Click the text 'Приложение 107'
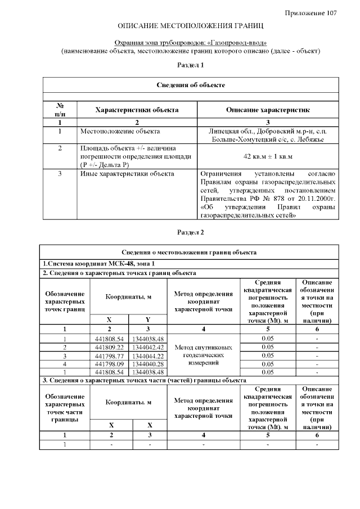(310, 13)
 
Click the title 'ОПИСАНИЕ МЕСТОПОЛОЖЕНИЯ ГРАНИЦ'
(191, 26)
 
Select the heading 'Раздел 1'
(191, 65)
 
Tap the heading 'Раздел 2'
(191, 232)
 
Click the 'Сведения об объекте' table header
(191, 85)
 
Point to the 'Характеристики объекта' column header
(137, 110)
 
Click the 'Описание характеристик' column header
(268, 110)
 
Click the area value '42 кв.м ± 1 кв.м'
(268, 156)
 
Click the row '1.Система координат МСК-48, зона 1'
(98, 263)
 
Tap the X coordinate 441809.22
(110, 347)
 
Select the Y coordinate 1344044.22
(147, 355)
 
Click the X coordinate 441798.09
(110, 364)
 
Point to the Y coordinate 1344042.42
(147, 347)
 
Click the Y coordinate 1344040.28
(147, 364)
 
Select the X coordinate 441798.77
(110, 355)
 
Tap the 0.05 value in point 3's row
(268, 355)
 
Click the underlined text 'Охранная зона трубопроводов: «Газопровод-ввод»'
(191, 43)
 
